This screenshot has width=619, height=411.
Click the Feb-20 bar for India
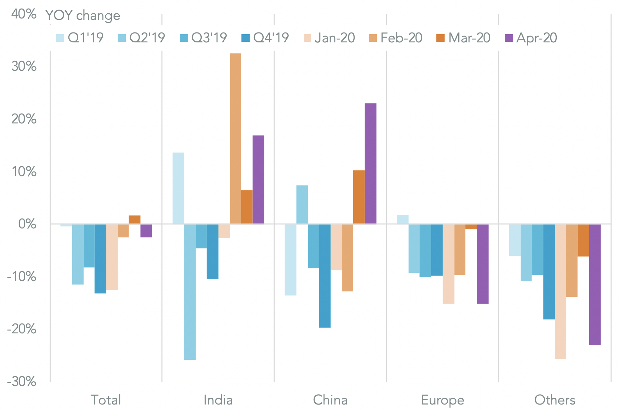click(x=235, y=138)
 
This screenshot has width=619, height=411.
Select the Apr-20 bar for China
click(x=370, y=163)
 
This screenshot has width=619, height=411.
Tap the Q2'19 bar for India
click(x=190, y=292)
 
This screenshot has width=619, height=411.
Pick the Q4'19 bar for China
click(x=325, y=276)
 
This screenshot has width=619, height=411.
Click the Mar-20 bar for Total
click(x=134, y=220)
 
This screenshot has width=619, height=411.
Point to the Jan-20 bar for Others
click(x=560, y=291)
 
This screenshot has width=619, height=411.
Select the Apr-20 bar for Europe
click(x=483, y=264)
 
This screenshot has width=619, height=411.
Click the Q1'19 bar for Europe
click(x=403, y=219)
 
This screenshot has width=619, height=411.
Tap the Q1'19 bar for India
click(x=178, y=188)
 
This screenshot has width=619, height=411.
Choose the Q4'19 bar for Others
click(x=549, y=271)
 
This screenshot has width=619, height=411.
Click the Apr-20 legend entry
click(x=531, y=38)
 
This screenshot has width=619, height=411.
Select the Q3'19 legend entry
click(x=203, y=38)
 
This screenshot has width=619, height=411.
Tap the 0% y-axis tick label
click(x=27, y=224)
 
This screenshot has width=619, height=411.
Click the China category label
click(x=330, y=400)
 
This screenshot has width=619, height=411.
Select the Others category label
click(x=554, y=400)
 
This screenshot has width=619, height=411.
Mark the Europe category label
click(x=442, y=400)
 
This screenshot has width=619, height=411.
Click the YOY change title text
click(x=83, y=15)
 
